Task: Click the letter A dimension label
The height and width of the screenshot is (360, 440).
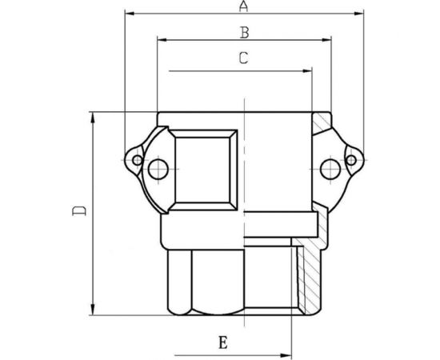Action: click(243, 7)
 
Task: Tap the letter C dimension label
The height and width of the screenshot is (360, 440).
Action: click(243, 58)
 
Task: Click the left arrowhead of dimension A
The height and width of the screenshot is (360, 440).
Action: click(130, 14)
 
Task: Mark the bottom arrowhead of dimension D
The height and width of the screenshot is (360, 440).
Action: click(94, 314)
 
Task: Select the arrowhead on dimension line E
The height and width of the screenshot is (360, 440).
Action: click(293, 352)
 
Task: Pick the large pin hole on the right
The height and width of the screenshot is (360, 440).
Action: click(326, 168)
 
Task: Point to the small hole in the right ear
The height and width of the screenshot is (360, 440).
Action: click(350, 161)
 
